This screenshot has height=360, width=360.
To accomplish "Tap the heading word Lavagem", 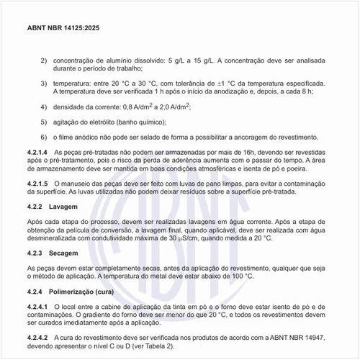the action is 77,207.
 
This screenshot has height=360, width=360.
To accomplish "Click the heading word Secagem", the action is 77,253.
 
